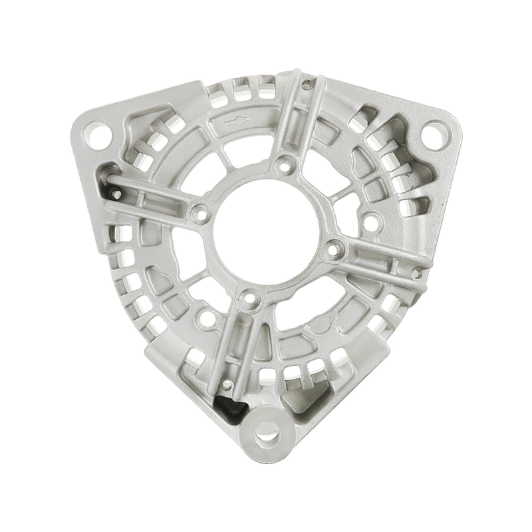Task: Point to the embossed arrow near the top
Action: pos(237,122)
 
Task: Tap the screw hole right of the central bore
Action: pos(334,250)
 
